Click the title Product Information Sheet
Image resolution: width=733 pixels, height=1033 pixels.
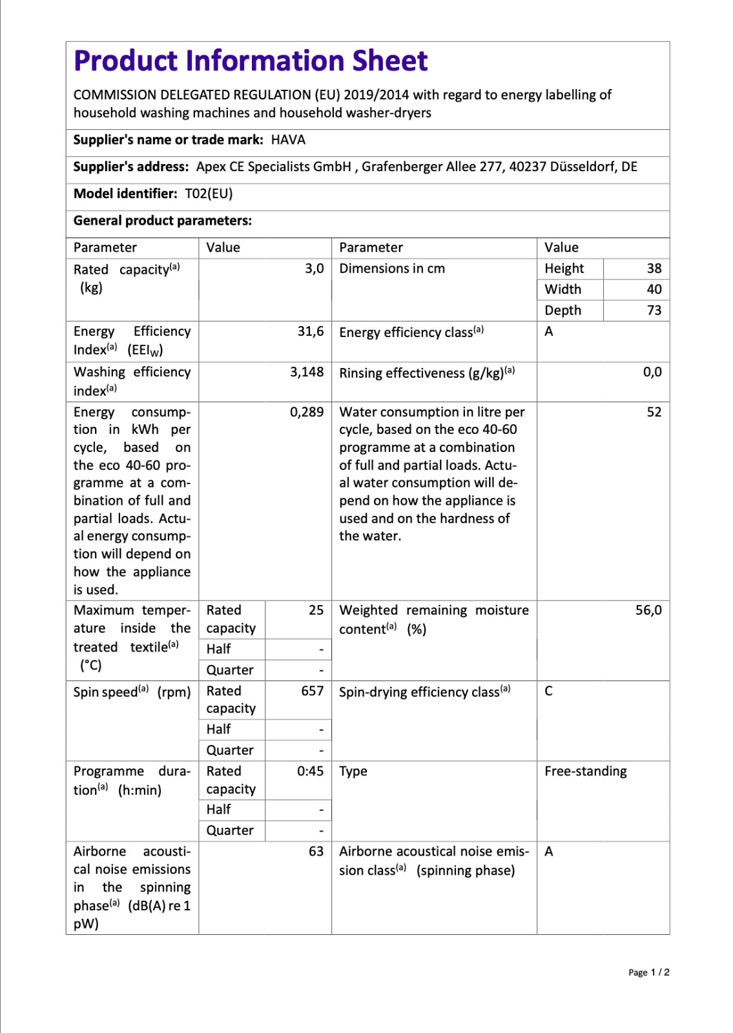pyautogui.click(x=251, y=61)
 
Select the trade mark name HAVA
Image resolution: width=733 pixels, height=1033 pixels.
pyautogui.click(x=288, y=140)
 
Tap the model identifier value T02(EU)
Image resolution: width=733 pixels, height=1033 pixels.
pyautogui.click(x=209, y=194)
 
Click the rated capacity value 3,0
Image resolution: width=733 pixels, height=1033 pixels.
pyautogui.click(x=315, y=269)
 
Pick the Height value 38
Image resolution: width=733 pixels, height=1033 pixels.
pyautogui.click(x=654, y=269)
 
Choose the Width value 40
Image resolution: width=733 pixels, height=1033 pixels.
pyautogui.click(x=654, y=289)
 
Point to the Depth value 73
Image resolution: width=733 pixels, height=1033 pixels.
pyautogui.click(x=654, y=311)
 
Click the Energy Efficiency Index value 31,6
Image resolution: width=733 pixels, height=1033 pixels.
pyautogui.click(x=311, y=331)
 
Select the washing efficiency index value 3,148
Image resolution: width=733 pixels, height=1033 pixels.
pyautogui.click(x=307, y=372)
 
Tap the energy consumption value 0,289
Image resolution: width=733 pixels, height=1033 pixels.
pyautogui.click(x=307, y=412)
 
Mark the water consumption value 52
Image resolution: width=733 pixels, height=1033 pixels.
pyautogui.click(x=654, y=412)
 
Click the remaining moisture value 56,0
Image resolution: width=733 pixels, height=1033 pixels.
pyautogui.click(x=648, y=610)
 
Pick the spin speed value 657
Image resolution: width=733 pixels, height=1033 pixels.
pyautogui.click(x=313, y=691)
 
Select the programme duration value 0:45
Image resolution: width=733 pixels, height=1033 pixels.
pyautogui.click(x=311, y=771)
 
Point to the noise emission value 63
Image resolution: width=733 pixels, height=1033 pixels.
pyautogui.click(x=316, y=852)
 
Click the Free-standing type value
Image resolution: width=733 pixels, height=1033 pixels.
pyautogui.click(x=586, y=771)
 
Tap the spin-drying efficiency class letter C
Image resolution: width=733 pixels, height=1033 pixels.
pyautogui.click(x=548, y=691)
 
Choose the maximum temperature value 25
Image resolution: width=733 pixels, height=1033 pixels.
pyautogui.click(x=316, y=610)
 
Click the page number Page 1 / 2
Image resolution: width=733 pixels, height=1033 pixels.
pyautogui.click(x=648, y=972)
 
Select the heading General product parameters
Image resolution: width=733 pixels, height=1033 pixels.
pyautogui.click(x=163, y=221)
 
